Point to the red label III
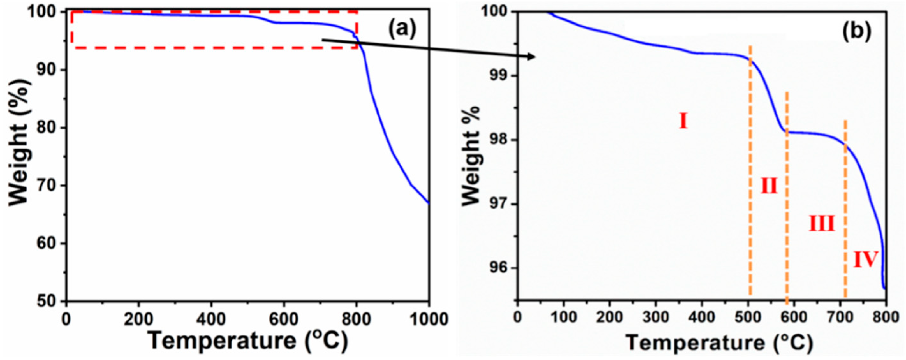(x=821, y=224)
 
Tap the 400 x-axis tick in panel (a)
(x=211, y=319)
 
